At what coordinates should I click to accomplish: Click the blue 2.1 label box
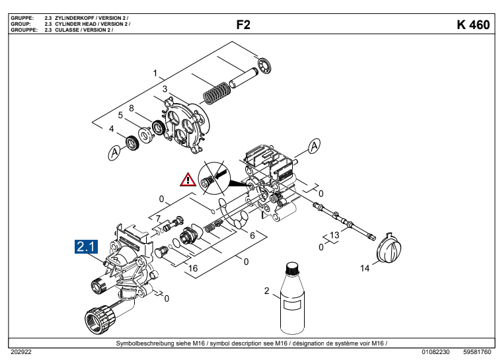87,248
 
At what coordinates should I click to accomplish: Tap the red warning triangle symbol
189,179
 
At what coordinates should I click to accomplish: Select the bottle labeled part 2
291,300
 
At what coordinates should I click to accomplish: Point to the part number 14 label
365,268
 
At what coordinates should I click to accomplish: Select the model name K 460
473,25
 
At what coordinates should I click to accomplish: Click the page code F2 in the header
243,25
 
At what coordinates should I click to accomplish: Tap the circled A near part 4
115,153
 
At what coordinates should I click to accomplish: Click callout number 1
155,73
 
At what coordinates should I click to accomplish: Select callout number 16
193,268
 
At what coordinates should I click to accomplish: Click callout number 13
334,235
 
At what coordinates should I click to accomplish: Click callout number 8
132,108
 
